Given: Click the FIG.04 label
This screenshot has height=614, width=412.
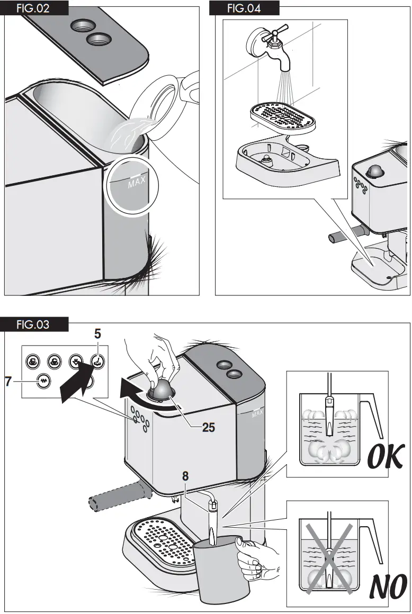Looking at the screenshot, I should coord(245,8).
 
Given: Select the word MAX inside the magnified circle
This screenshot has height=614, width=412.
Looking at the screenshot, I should coord(136,183).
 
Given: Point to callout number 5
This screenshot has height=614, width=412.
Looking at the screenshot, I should coord(97,334).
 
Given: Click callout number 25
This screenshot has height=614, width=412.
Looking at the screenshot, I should coord(209,427).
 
